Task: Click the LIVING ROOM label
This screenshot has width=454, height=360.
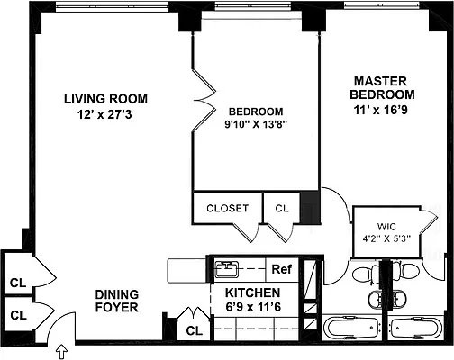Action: pyautogui.click(x=104, y=98)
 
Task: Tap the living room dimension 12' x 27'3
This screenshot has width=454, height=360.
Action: pyautogui.click(x=104, y=114)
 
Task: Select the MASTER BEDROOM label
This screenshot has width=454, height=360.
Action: pyautogui.click(x=384, y=87)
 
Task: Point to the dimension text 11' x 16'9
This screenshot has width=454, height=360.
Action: pyautogui.click(x=384, y=110)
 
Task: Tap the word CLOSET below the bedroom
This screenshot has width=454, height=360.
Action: pyautogui.click(x=227, y=208)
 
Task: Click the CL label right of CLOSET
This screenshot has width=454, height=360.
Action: pyautogui.click(x=282, y=208)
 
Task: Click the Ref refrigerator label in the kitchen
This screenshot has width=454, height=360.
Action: pyautogui.click(x=282, y=268)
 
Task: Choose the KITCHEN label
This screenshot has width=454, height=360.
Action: pyautogui.click(x=253, y=293)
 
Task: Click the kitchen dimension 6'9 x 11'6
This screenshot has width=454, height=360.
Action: pyautogui.click(x=253, y=309)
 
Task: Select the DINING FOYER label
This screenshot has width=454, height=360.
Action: pyautogui.click(x=117, y=301)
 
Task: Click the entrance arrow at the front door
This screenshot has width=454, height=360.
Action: pyautogui.click(x=61, y=349)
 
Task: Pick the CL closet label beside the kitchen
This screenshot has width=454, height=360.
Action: pyautogui.click(x=193, y=330)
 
